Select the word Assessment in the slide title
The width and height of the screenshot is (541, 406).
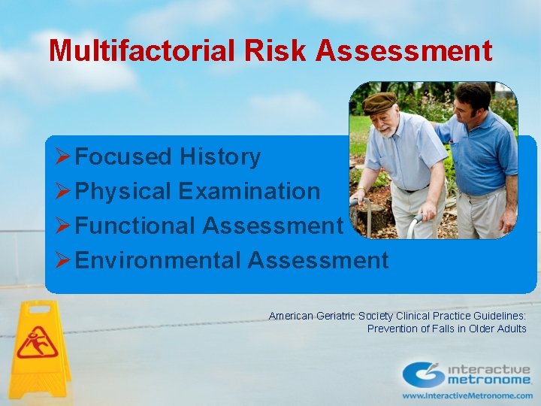pos(404,51)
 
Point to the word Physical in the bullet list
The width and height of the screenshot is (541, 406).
pos(123,192)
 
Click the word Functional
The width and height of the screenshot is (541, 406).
pos(135,226)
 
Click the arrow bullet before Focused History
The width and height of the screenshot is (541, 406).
pos(63,157)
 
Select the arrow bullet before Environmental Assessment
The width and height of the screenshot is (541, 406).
pos(63,261)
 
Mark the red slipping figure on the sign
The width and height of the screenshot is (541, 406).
pos(37,343)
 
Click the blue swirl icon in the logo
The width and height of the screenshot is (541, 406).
pos(423,374)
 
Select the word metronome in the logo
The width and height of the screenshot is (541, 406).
pos(489,381)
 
